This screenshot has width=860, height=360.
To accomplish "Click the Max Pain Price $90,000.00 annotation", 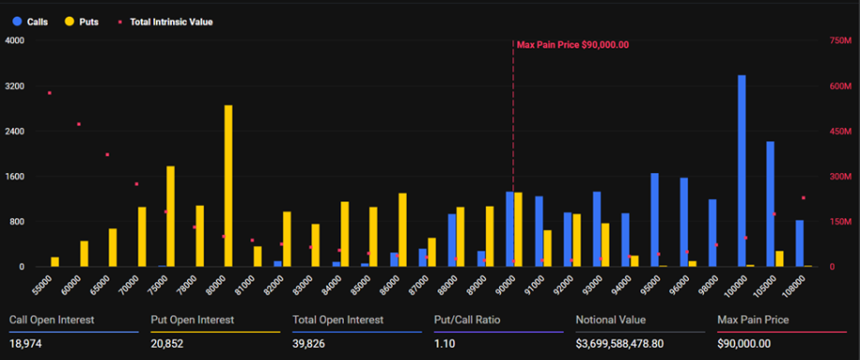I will point(572,44).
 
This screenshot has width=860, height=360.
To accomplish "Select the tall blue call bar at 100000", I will point(741,171).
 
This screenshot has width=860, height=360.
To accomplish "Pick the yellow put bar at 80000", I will point(228,186).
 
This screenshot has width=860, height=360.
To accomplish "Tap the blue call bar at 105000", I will point(770,204).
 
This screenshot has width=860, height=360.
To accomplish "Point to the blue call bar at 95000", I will point(654,220).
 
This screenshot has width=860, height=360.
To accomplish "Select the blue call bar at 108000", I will point(799,243).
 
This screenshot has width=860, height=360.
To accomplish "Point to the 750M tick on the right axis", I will point(840,40).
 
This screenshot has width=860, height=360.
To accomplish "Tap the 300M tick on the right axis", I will point(840,176).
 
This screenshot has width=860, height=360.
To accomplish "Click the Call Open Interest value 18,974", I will point(27,344).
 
